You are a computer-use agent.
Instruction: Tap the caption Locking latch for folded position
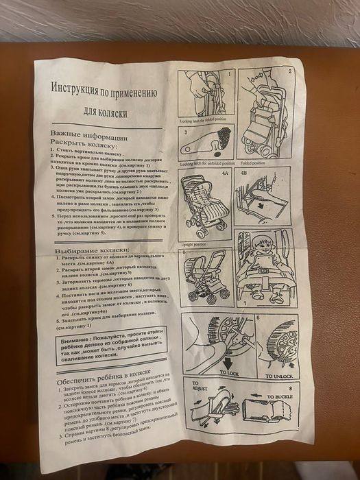click(204, 120)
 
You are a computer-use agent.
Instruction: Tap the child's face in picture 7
click(261, 245)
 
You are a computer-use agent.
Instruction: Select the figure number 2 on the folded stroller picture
click(289, 73)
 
